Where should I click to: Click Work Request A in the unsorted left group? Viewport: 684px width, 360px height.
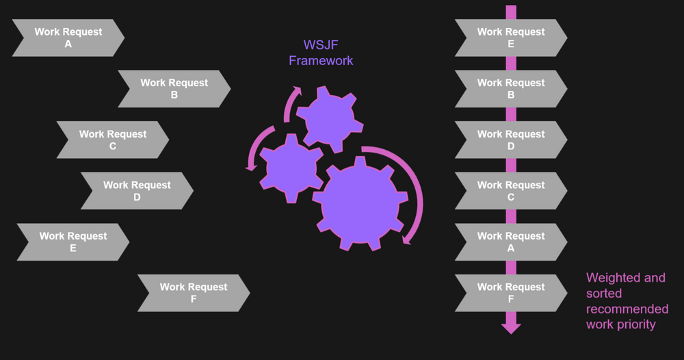click(x=68, y=38)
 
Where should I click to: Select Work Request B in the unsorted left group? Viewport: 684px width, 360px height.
click(x=174, y=89)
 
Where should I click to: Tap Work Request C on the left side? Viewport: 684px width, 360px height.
click(x=112, y=140)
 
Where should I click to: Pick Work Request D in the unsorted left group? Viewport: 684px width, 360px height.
click(x=137, y=191)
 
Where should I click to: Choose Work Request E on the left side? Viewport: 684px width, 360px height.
click(x=73, y=242)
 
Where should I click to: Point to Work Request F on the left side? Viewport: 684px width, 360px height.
click(x=193, y=293)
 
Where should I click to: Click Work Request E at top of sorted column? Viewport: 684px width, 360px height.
click(x=510, y=38)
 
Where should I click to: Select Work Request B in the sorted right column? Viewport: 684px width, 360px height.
click(x=510, y=89)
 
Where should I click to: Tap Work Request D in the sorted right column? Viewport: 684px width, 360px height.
click(x=510, y=140)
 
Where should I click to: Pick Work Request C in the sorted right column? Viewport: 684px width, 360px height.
click(x=510, y=191)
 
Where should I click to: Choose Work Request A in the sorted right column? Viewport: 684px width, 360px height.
click(x=510, y=242)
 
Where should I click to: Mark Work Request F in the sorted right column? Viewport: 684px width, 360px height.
click(x=510, y=293)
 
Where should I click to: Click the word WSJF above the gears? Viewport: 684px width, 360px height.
click(x=321, y=46)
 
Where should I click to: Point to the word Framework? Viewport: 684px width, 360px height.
click(x=321, y=61)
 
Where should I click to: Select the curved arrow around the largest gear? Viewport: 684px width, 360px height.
click(x=413, y=192)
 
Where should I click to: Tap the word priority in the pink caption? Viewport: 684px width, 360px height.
click(x=635, y=324)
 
